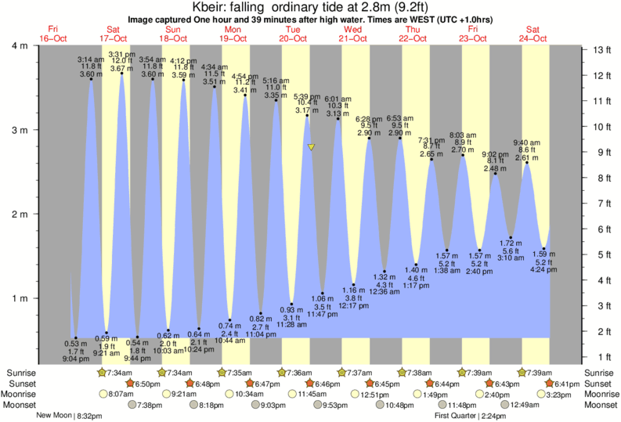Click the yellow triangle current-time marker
point(312,146)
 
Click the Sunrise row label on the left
point(19,372)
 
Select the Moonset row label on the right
point(601,405)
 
